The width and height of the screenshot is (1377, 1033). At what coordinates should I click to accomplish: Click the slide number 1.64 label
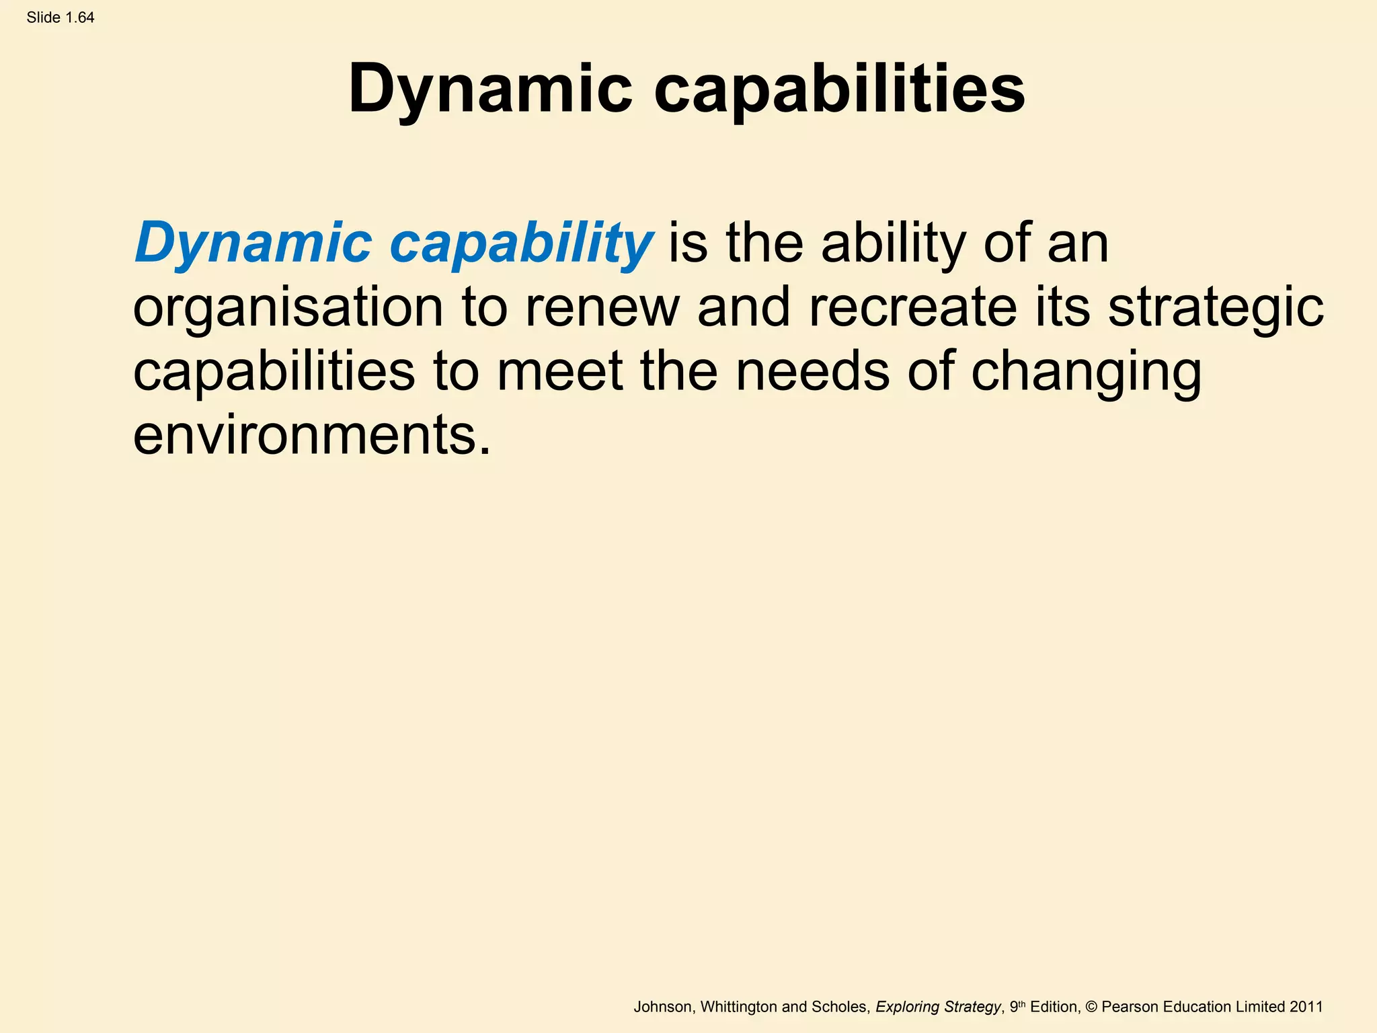click(61, 17)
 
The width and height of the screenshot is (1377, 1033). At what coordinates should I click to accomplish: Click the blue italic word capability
click(521, 243)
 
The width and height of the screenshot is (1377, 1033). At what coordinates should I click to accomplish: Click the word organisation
click(288, 307)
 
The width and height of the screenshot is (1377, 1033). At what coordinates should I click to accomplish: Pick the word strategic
click(1216, 309)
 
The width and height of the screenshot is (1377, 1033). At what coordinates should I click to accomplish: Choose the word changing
click(1086, 373)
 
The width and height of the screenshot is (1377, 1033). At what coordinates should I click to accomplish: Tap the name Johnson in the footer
click(662, 1007)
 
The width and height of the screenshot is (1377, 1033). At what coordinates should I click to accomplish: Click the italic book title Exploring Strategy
click(938, 1007)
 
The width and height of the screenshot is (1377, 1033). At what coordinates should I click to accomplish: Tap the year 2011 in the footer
click(1306, 1007)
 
